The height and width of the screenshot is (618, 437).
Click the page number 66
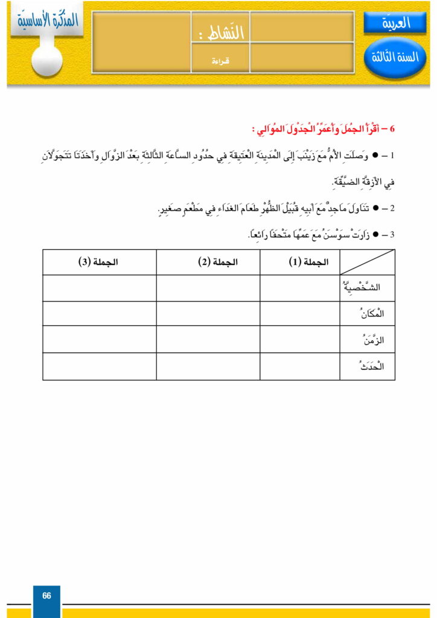click(x=46, y=596)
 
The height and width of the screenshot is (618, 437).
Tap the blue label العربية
click(x=395, y=23)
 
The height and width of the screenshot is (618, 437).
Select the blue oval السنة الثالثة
click(x=395, y=58)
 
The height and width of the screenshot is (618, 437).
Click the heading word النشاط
click(x=223, y=33)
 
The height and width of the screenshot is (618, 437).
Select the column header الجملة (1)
click(x=300, y=262)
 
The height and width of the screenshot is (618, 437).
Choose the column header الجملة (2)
click(x=208, y=262)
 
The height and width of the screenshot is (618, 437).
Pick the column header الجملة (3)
click(x=99, y=262)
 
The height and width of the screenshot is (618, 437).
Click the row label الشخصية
click(x=366, y=288)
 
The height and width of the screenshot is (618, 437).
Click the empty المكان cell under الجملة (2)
click(x=208, y=314)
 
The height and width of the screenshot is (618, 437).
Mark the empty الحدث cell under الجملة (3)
click(x=99, y=366)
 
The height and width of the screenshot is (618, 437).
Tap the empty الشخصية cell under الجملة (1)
click(x=300, y=288)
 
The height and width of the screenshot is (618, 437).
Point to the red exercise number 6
click(x=392, y=129)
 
